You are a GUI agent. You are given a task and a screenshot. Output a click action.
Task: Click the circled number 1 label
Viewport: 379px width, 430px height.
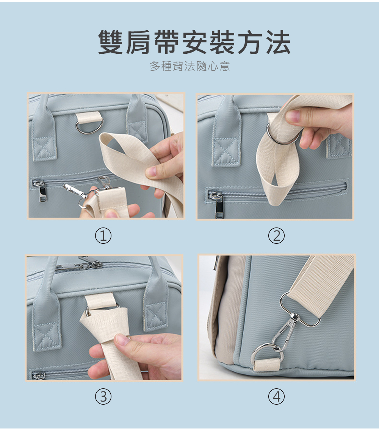click(103, 235)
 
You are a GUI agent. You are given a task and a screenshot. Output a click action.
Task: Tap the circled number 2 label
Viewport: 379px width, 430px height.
click(276, 235)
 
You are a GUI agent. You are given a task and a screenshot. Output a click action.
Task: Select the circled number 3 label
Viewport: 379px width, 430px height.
click(103, 396)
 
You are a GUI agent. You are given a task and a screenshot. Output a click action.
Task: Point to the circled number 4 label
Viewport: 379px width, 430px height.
click(276, 396)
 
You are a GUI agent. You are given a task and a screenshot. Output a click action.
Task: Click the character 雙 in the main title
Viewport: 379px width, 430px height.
click(110, 42)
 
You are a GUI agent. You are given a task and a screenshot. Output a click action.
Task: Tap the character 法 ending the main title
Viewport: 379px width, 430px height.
click(278, 42)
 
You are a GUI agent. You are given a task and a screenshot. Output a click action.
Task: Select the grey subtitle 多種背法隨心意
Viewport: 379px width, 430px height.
click(189, 66)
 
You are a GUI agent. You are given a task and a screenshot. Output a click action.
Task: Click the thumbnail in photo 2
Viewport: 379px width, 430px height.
click(293, 116)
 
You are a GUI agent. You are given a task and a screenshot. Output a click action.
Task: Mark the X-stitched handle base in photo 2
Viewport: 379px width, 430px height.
click(226, 152)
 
